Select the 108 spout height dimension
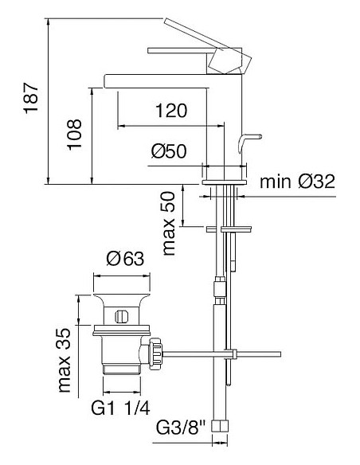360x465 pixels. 73,136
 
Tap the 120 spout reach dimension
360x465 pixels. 170,111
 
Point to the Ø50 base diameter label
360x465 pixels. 168,151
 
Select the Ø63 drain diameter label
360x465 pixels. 123,258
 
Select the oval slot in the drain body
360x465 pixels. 121,315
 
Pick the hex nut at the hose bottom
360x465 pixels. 225,439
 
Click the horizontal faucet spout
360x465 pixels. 159,79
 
